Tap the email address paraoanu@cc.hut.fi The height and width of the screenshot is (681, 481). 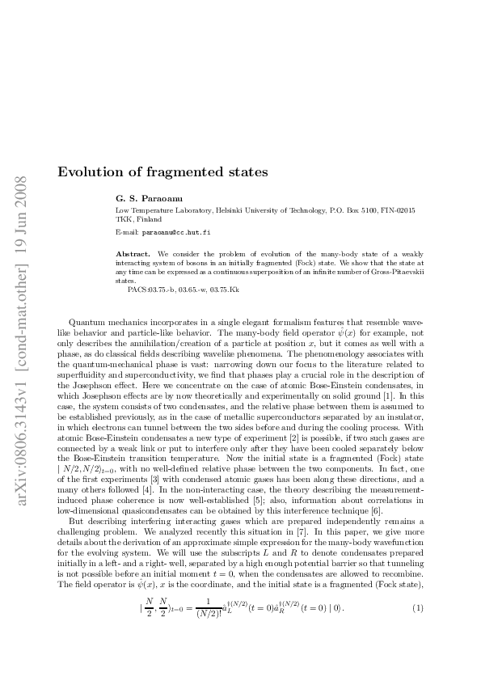(x=176, y=232)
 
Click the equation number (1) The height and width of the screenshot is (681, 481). (x=418, y=629)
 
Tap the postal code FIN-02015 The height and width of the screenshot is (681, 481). (x=395, y=210)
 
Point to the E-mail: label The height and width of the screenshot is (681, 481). (x=129, y=232)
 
